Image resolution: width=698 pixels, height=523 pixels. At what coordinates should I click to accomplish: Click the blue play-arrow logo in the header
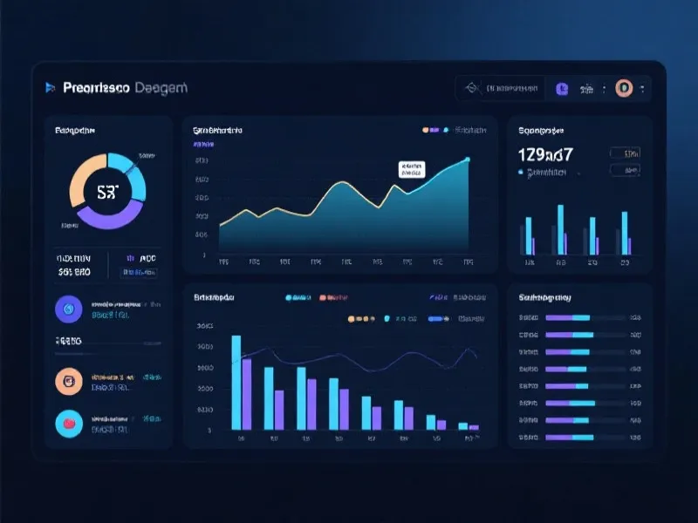coord(50,87)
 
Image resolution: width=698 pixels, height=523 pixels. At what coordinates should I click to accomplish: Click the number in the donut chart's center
coord(106,192)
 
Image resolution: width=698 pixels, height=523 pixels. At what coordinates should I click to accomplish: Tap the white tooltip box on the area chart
coord(410,168)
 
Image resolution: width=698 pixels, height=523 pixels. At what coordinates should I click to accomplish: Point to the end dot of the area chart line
coord(468,160)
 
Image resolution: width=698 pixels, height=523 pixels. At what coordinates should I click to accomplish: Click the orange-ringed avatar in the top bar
coord(623,88)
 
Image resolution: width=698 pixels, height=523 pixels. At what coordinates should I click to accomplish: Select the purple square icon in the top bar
coord(562,88)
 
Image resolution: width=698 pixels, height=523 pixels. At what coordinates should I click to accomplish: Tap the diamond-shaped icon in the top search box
coord(472,88)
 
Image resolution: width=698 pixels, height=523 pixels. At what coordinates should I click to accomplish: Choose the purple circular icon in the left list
coord(67,308)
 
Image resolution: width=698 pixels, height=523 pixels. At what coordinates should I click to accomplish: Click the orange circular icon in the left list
coord(67,380)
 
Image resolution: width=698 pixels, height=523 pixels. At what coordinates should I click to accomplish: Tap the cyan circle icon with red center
coord(67,424)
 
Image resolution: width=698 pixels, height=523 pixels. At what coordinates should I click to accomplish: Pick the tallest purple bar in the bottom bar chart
coord(247,394)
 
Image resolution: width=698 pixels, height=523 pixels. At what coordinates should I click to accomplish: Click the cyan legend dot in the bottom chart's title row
coord(289,298)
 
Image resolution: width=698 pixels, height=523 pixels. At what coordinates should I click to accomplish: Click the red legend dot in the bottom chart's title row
coord(323,298)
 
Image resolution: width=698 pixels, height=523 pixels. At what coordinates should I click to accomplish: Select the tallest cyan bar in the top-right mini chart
coord(559,229)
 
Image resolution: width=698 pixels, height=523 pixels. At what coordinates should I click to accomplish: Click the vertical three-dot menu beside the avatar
coord(642,88)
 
